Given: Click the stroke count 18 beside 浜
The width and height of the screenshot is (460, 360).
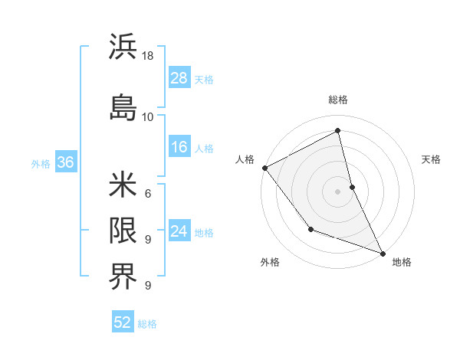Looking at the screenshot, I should pyautogui.click(x=149, y=56).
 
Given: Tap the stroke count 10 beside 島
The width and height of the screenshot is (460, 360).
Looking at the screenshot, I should pyautogui.click(x=147, y=116).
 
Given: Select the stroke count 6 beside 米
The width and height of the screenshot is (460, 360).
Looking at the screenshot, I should pyautogui.click(x=147, y=193).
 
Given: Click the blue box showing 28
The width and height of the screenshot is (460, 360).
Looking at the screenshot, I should pyautogui.click(x=179, y=77).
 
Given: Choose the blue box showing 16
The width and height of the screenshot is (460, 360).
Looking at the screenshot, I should pyautogui.click(x=179, y=147).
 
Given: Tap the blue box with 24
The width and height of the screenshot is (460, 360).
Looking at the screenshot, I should pyautogui.click(x=179, y=231).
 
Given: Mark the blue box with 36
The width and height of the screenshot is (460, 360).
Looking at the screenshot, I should pyautogui.click(x=65, y=162).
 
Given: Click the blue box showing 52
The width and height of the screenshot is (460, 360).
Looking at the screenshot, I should pyautogui.click(x=123, y=322).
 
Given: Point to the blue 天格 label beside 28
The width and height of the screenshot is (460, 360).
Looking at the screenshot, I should pyautogui.click(x=204, y=79).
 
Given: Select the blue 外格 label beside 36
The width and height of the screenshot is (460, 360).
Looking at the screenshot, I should pyautogui.click(x=41, y=163).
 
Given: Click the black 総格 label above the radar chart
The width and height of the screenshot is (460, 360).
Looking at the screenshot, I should pyautogui.click(x=338, y=100).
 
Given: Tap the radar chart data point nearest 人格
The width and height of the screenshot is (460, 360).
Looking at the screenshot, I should pyautogui.click(x=264, y=168).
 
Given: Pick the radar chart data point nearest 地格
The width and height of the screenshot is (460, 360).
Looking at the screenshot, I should pyautogui.click(x=383, y=252).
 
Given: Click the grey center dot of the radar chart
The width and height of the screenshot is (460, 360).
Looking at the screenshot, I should pyautogui.click(x=338, y=191).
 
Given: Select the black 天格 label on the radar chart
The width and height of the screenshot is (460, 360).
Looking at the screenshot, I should pyautogui.click(x=432, y=159).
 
